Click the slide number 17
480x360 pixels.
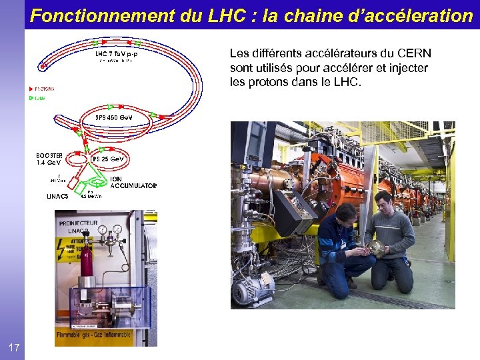pos(14,347)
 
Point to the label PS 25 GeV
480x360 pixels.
pos(107,159)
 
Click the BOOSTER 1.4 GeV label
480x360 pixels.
pos(49,159)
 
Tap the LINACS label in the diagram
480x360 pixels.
pos(57,196)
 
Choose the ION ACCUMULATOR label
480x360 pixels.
pos(133,183)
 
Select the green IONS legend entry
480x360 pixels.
pos(38,99)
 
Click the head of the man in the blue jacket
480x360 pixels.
pos(345,214)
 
